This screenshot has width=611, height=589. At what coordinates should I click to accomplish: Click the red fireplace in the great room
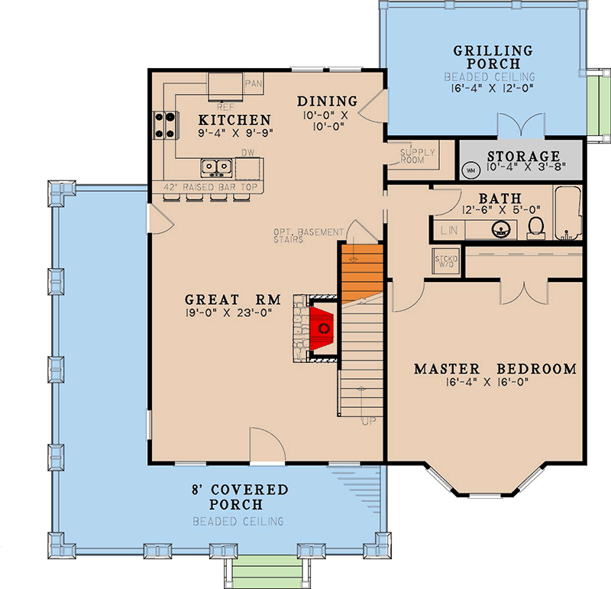324,328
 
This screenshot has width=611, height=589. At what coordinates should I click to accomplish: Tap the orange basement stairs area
360,271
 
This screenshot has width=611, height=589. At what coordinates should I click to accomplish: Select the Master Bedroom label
495,369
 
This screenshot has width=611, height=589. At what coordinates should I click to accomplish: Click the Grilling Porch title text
493,57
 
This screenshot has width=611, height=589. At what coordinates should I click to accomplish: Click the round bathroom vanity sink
501,228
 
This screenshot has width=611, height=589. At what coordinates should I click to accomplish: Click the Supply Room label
417,156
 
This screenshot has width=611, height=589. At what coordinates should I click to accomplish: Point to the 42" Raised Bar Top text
207,187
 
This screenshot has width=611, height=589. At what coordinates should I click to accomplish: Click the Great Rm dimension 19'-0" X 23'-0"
228,312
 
